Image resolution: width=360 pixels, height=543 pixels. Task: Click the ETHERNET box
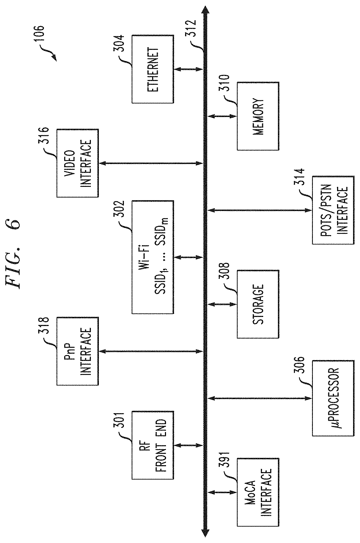click(153, 69)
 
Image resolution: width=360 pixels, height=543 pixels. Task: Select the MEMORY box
click(258, 116)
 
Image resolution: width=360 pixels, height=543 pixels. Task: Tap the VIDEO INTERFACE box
click(78, 163)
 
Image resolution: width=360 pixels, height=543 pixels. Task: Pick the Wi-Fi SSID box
click(153, 257)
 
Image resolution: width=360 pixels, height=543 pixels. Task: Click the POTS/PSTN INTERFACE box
click(333, 210)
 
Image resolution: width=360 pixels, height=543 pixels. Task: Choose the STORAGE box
click(258, 304)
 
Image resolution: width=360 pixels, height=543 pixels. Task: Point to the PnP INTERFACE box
click(78, 351)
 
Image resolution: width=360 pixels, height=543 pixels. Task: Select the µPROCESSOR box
click(333, 398)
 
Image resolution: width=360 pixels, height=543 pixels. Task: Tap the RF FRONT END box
click(153, 445)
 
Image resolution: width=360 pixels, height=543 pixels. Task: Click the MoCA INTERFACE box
click(258, 492)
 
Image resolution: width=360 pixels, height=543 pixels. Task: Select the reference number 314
click(299, 178)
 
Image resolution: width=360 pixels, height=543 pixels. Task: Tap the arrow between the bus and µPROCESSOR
click(260, 398)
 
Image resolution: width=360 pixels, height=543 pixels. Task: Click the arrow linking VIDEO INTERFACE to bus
click(151, 163)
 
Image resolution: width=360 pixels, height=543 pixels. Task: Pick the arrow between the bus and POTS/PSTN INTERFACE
click(260, 210)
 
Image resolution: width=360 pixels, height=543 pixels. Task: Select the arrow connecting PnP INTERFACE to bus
click(151, 351)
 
